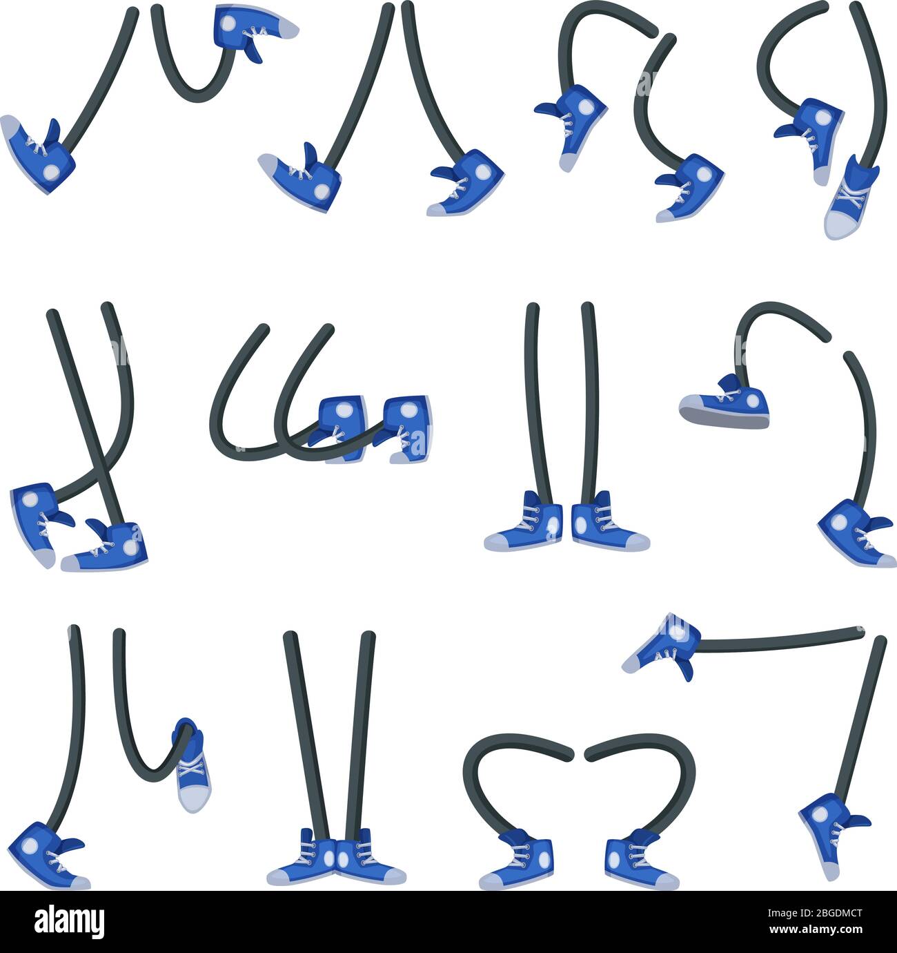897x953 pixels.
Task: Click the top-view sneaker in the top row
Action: (x=851, y=199)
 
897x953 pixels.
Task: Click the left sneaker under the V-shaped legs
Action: (x=304, y=859)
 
